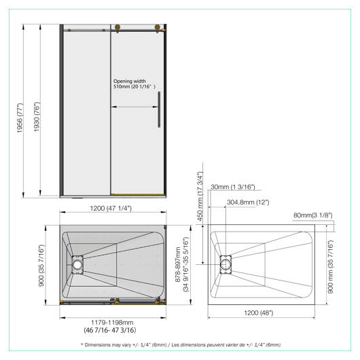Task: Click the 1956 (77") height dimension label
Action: pos(20,118)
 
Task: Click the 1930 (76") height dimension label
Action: pos(37,117)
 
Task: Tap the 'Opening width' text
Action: pos(130,81)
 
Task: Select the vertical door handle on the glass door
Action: pos(159,109)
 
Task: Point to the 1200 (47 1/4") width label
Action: pos(111,209)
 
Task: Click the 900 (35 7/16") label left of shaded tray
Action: pos(41,266)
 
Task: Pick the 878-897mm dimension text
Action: pos(178,264)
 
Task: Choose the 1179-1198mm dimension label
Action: pos(112,323)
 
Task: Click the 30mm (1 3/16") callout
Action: pos(233,187)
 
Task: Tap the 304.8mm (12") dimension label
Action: pos(248,202)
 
